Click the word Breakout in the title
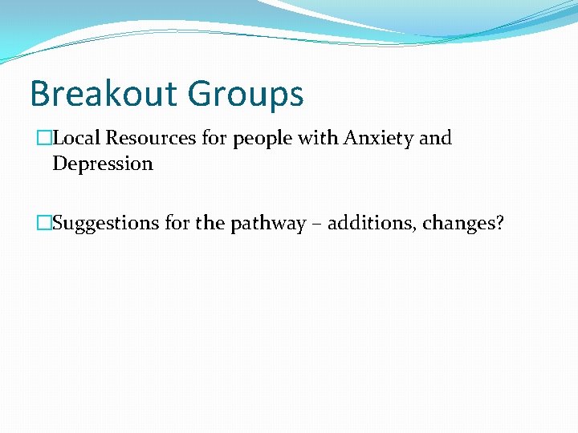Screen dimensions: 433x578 103,94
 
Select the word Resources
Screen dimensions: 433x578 151,138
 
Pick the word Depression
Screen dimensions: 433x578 103,164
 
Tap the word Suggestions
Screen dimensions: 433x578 106,224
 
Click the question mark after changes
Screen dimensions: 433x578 499,223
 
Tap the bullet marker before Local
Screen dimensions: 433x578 43,138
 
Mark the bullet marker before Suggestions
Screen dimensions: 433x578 43,223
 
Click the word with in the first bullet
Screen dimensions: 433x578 319,138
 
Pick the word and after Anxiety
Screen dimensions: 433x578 436,138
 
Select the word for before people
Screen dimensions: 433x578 214,138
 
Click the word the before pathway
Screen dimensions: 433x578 210,223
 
